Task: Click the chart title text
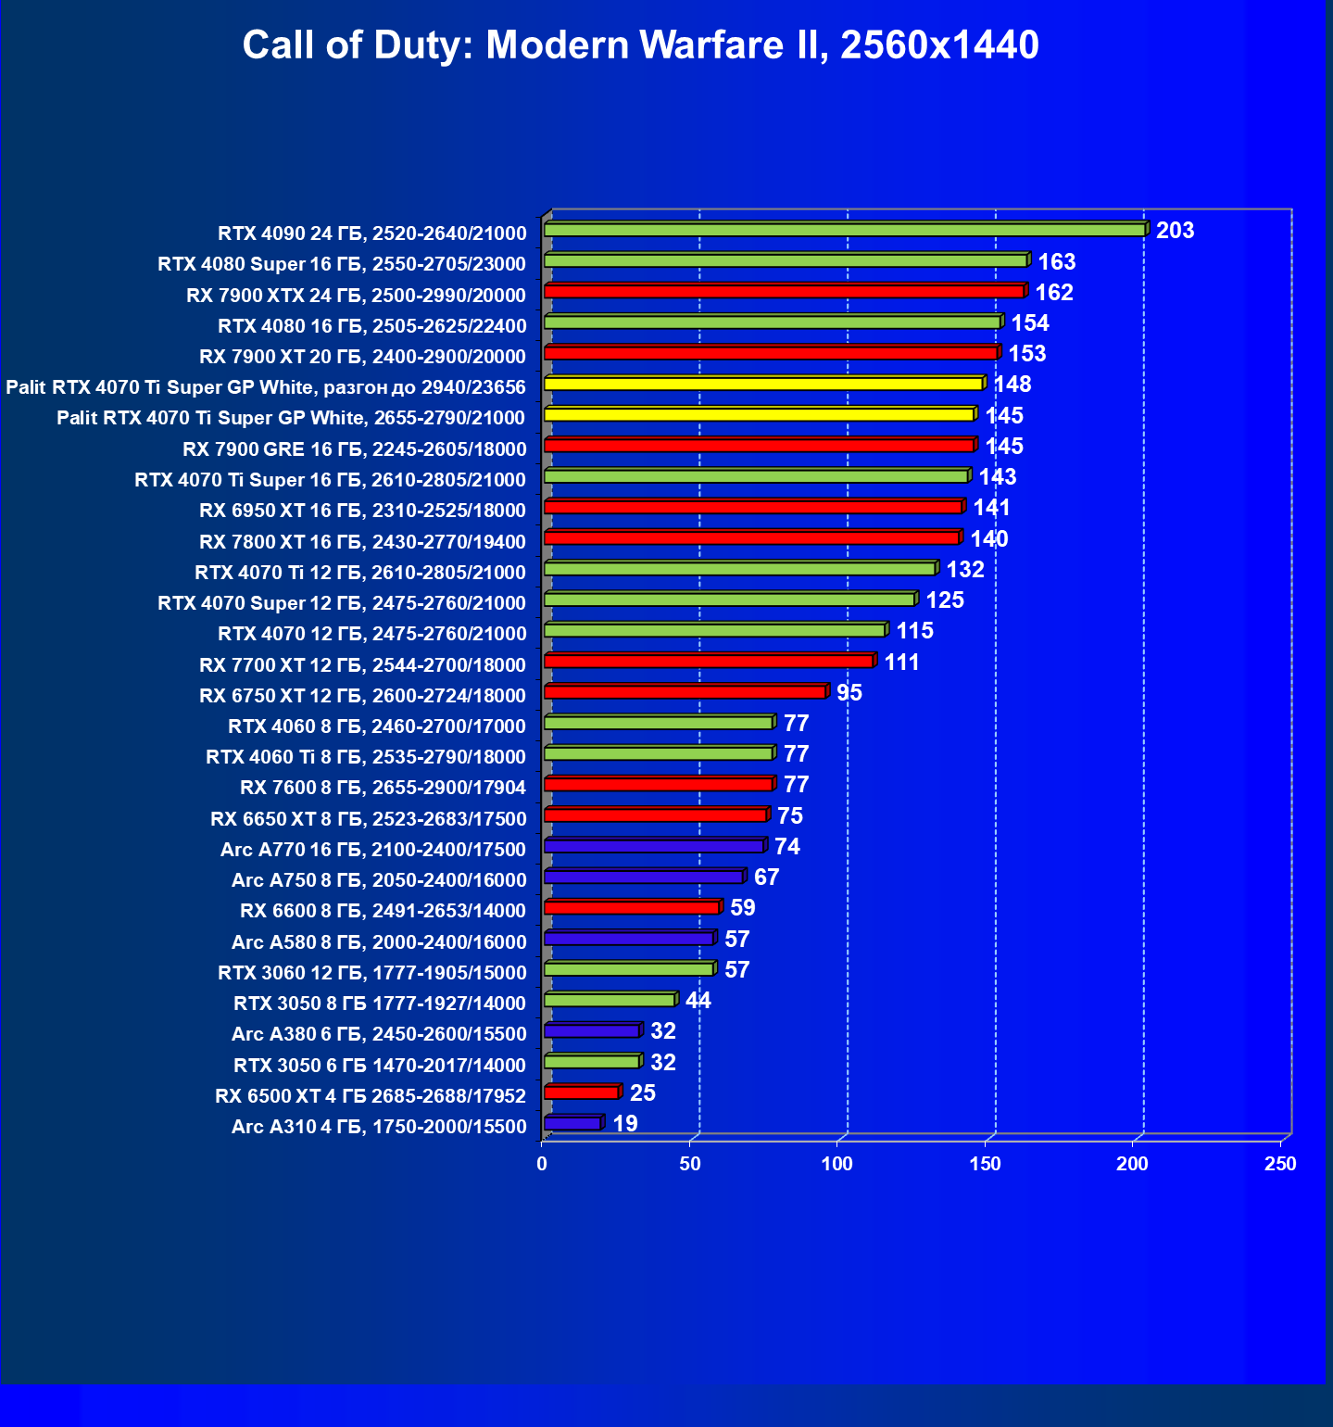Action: click(x=640, y=44)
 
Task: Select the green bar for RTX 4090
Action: click(x=844, y=230)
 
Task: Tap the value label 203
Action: click(x=1175, y=230)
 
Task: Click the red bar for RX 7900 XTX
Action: click(x=784, y=292)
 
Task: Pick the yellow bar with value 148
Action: click(x=763, y=384)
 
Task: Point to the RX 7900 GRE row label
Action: click(x=354, y=449)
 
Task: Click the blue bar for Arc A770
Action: click(x=654, y=846)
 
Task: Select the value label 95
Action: click(x=849, y=693)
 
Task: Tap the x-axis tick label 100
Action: click(x=837, y=1164)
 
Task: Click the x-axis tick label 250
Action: click(x=1280, y=1164)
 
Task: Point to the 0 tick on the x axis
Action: click(x=542, y=1164)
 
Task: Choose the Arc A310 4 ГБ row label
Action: click(x=378, y=1127)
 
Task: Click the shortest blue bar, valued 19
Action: click(x=572, y=1124)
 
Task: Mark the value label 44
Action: click(x=698, y=1001)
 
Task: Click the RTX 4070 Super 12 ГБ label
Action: click(x=341, y=603)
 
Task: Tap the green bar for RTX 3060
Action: click(x=629, y=969)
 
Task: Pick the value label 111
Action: click(x=901, y=662)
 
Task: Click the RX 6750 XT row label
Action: click(x=362, y=696)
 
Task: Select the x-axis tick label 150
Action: click(x=985, y=1164)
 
